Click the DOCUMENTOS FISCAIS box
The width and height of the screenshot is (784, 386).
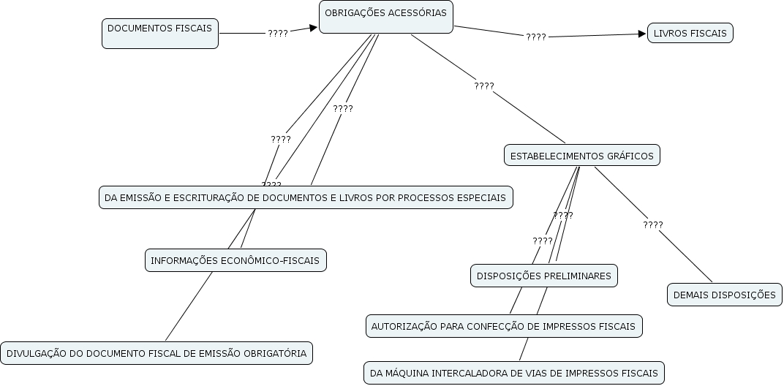pos(159,33)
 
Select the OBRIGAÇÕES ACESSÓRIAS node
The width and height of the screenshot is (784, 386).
pos(385,16)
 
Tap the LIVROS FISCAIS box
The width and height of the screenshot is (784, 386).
pos(690,33)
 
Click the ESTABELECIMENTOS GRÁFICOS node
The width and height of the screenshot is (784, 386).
pos(581,155)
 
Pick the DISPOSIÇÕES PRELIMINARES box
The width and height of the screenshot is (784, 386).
pos(543,276)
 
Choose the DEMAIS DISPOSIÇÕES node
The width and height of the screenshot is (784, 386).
pos(724,295)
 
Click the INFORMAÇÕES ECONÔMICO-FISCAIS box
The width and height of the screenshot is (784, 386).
pos(235,260)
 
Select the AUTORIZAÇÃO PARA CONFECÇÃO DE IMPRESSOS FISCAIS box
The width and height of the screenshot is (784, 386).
pos(503,326)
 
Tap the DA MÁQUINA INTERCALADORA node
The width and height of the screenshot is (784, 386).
pos(513,373)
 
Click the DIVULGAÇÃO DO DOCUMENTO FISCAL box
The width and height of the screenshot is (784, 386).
pos(157,353)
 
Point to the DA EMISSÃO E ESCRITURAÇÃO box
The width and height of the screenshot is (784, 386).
pos(305,197)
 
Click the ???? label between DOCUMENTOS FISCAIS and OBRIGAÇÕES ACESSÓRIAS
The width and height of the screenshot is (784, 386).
pos(278,33)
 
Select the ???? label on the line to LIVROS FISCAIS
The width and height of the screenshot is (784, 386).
pos(536,37)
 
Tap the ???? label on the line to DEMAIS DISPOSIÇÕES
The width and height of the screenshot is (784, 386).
pos(653,224)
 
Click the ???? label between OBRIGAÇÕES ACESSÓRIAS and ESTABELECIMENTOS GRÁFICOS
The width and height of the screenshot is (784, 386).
pos(484,86)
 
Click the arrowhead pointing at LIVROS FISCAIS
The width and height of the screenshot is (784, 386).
pos(642,34)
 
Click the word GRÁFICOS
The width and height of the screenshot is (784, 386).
pos(630,156)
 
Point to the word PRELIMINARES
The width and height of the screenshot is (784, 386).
pos(577,276)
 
